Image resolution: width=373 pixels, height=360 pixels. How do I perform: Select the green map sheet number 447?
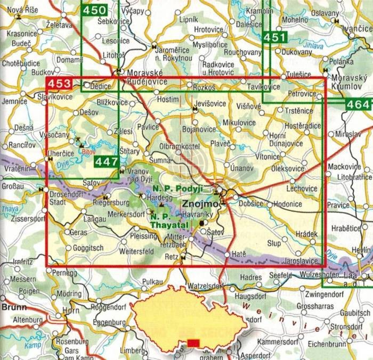pos(106,161)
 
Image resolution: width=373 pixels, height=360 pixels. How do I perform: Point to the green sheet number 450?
pos(94,10)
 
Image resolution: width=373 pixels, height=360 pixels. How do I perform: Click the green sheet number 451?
pos(275,37)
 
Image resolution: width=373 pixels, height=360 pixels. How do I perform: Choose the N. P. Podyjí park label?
pos(175,190)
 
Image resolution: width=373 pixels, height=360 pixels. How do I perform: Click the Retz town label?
pos(171,256)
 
